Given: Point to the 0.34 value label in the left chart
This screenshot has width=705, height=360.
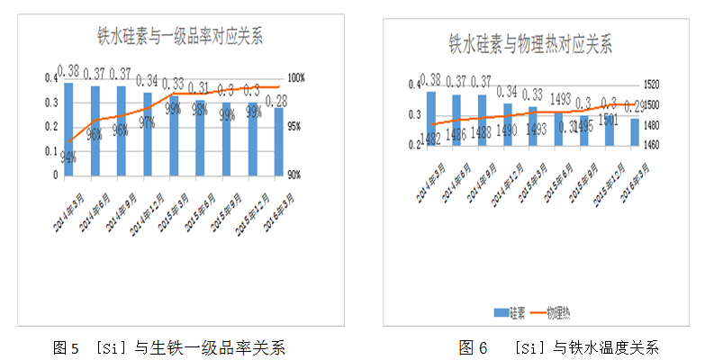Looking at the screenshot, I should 148,80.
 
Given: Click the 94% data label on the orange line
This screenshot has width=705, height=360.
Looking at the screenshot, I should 68,157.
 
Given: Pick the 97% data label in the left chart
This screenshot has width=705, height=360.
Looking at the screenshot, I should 148,121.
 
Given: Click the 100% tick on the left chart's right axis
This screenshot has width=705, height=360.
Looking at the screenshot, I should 297,77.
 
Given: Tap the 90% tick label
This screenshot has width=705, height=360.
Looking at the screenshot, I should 294,175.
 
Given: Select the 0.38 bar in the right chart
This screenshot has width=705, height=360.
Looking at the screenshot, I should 431,118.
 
